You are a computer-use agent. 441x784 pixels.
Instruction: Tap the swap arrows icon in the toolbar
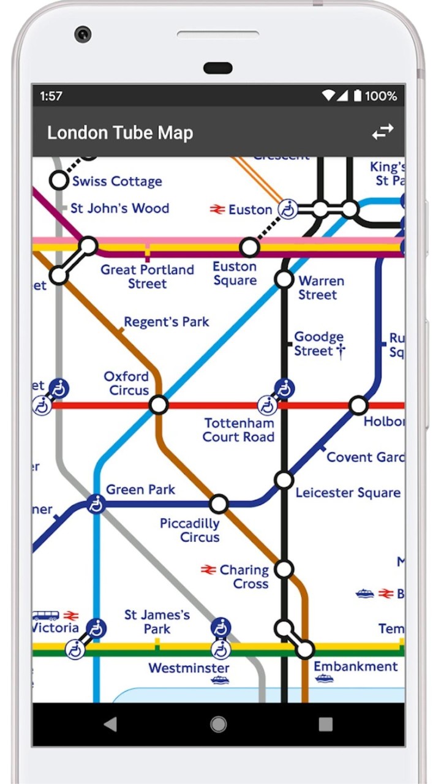[383, 132]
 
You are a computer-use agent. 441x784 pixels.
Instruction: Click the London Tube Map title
[120, 133]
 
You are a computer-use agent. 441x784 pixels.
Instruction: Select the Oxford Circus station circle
[159, 405]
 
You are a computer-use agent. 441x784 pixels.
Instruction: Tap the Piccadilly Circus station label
[189, 530]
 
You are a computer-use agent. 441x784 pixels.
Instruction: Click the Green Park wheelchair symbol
[96, 505]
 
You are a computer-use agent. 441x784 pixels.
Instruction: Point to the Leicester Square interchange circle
[284, 480]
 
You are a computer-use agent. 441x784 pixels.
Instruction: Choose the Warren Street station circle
[284, 279]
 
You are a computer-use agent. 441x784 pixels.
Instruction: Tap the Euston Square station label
[235, 274]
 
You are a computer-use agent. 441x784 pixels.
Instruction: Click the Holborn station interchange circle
[358, 405]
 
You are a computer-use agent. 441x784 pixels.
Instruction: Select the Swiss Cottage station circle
[59, 180]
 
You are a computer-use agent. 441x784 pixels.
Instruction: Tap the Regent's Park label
[166, 322]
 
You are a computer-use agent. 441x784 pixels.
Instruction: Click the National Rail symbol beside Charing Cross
[208, 570]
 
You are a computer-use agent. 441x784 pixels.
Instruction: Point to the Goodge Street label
[319, 344]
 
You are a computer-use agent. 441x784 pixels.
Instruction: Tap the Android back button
[110, 725]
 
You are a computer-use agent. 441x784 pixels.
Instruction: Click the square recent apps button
[326, 725]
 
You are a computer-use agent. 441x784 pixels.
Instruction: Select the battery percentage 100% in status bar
[381, 96]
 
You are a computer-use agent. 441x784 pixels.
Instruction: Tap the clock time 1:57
[51, 96]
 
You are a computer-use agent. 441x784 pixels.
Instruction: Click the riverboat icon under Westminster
[220, 680]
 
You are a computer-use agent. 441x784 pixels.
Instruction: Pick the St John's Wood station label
[119, 208]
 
